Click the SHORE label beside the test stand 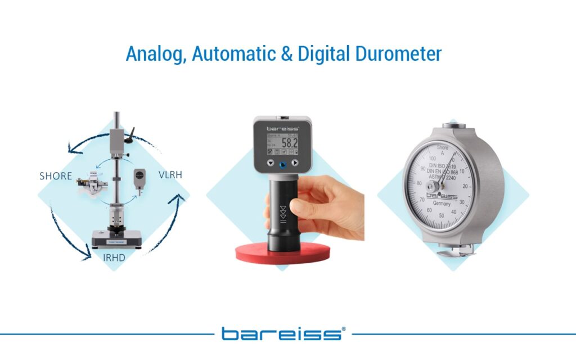click(56, 176)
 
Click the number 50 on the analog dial click(442, 216)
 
